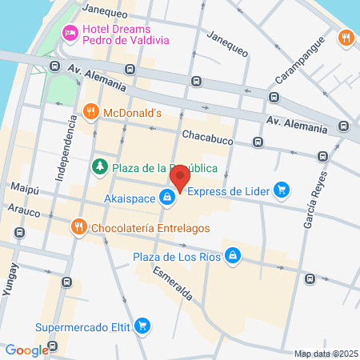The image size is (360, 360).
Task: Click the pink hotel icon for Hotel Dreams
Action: pos(70,33)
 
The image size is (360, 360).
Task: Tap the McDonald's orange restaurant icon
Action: pos(91,113)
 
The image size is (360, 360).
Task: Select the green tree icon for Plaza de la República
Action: pos(100,167)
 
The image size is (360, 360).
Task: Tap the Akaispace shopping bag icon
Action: pos(167,196)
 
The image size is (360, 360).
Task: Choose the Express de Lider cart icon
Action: pos(282,190)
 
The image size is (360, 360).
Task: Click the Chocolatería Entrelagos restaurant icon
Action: pos(78,227)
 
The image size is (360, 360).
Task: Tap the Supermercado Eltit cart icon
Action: pos(142,326)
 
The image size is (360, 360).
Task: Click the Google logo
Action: pos(26,350)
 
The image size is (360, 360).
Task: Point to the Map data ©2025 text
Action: pos(326,354)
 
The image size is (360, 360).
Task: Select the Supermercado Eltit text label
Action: pos(82,326)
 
